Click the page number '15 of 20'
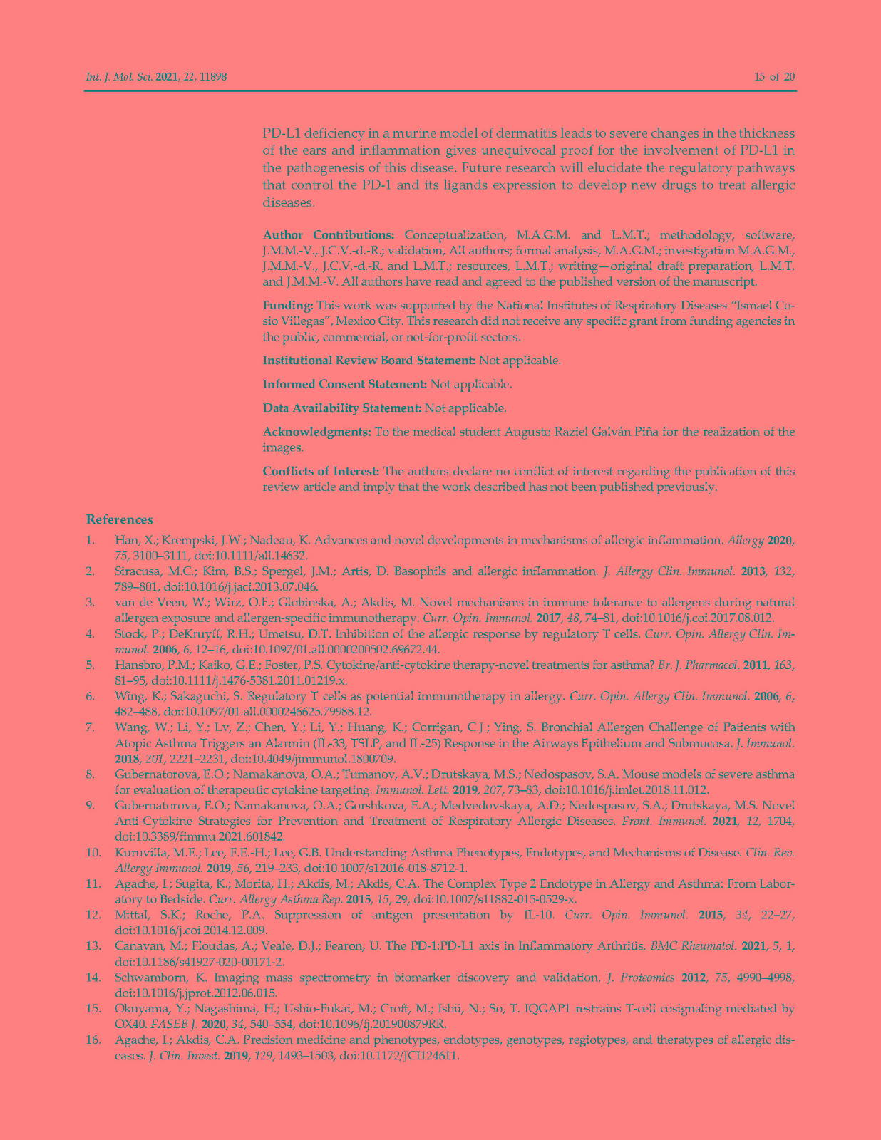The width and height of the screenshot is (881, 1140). pos(774,76)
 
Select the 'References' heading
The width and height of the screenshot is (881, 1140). pos(119,519)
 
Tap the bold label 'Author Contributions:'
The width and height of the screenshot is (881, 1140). pos(329,235)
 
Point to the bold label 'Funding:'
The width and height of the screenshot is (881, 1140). pos(288,306)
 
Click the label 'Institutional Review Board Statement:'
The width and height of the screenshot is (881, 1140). pos(369,360)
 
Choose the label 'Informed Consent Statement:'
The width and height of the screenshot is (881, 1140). pos(345,384)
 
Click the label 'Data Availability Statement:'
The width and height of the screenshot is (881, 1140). pos(342,408)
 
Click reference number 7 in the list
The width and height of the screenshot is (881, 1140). pos(91,727)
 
